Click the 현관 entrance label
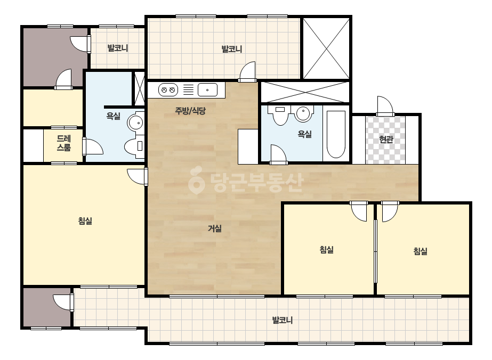(386, 139)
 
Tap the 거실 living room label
(215, 228)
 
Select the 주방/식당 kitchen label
(190, 110)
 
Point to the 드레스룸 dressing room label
(63, 143)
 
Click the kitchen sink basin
(207, 90)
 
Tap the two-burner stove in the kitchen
(168, 90)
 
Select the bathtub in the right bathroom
(336, 134)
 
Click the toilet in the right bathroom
(280, 115)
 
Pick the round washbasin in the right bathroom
(303, 113)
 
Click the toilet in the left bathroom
(134, 146)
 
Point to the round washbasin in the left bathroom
(136, 122)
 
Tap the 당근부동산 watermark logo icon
(196, 181)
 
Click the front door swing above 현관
(385, 106)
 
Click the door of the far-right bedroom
(390, 211)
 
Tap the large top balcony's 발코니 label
(231, 49)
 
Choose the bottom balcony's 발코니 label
(282, 320)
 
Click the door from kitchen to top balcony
(247, 72)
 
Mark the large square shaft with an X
(326, 48)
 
